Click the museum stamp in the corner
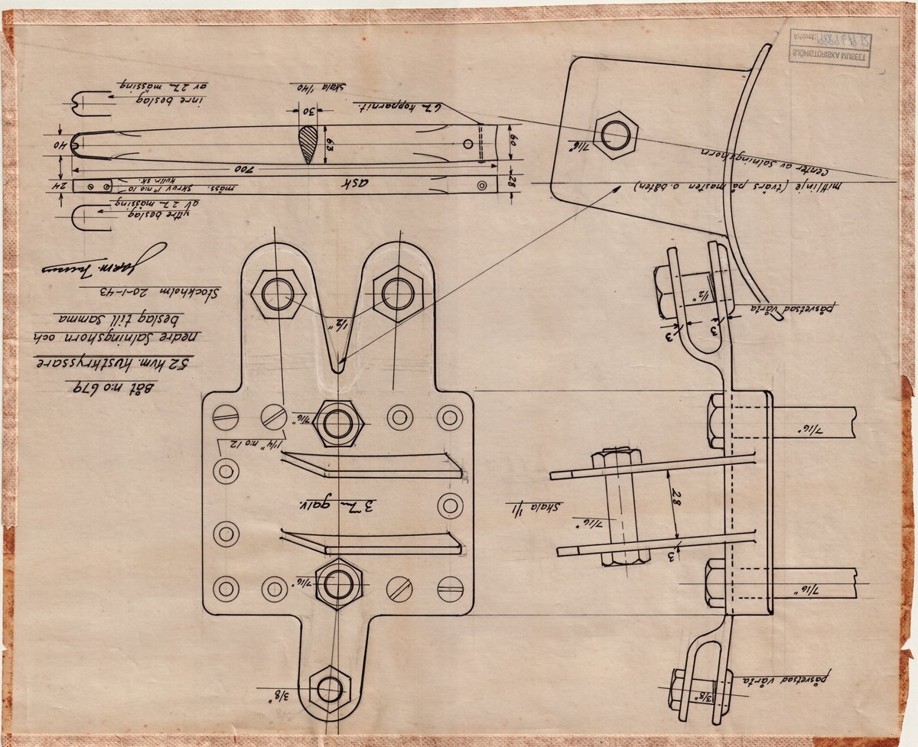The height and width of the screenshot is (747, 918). coord(829,48)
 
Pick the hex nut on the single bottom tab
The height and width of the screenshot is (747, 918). coord(330,688)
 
